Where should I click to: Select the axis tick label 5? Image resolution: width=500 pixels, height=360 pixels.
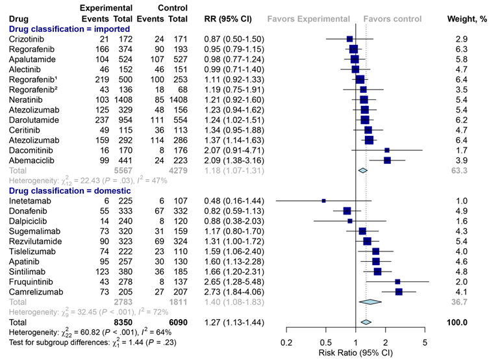(x=425, y=342)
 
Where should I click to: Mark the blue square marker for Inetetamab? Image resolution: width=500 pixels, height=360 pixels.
(x=324, y=201)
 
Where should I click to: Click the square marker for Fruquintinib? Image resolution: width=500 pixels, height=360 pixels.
(x=397, y=281)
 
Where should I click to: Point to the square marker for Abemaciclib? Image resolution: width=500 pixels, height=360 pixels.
(x=387, y=160)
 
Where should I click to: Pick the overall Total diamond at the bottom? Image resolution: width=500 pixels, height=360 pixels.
(x=366, y=322)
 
